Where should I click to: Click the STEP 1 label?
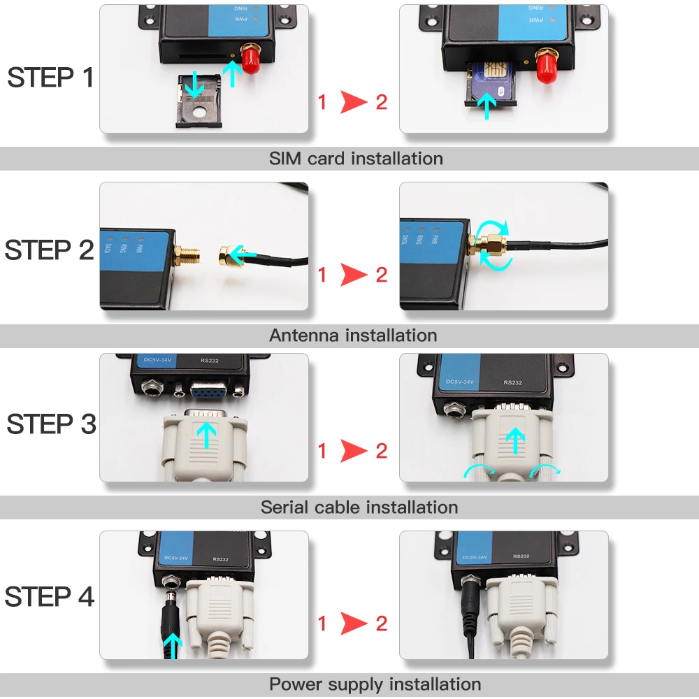tap(50, 78)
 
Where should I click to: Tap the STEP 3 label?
tap(50, 424)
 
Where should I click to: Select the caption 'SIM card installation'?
tap(356, 159)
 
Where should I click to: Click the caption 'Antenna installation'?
tap(353, 336)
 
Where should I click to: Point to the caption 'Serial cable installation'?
tap(359, 507)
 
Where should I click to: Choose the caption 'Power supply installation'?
tap(375, 684)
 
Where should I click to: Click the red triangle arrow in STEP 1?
tap(354, 103)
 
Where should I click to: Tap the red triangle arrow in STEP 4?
tap(354, 623)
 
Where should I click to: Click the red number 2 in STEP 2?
tap(381, 275)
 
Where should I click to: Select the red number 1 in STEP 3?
tap(322, 452)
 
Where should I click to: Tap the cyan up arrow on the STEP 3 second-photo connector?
tap(515, 440)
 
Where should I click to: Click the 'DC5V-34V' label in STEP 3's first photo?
tap(157, 361)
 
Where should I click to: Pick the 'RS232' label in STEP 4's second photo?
tap(522, 557)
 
